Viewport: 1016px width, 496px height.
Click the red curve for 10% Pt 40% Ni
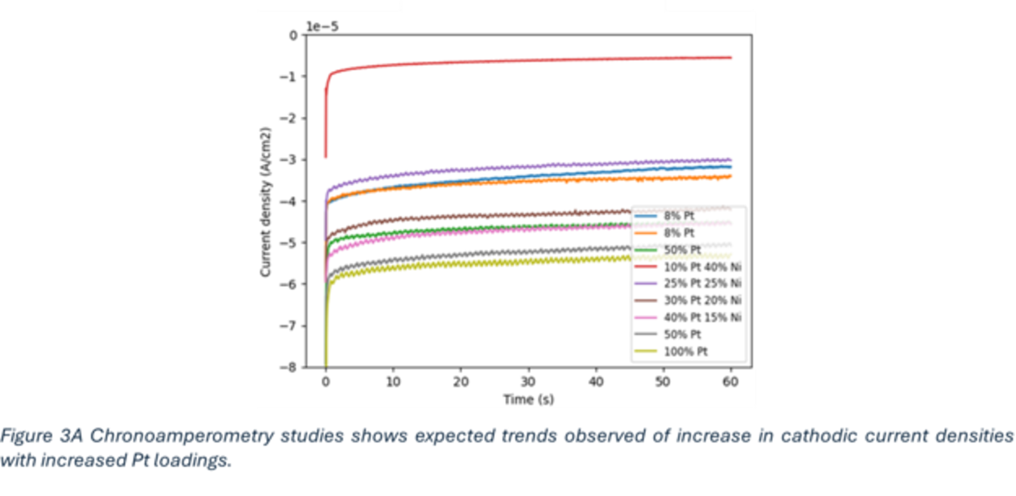click(508, 62)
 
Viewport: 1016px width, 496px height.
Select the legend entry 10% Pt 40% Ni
click(702, 267)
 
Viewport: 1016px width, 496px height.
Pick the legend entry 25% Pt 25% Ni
click(702, 284)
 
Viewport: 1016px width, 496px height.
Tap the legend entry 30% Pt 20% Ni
click(702, 301)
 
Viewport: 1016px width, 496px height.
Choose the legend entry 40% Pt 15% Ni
click(702, 317)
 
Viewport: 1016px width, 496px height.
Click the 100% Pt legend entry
click(685, 351)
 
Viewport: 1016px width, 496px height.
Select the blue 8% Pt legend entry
click(679, 216)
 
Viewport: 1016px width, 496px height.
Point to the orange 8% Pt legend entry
click(679, 233)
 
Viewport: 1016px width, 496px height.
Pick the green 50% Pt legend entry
click(682, 250)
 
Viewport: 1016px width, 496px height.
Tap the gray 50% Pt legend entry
click(682, 334)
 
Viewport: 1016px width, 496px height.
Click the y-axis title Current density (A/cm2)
click(265, 202)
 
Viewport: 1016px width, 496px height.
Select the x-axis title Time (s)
click(528, 400)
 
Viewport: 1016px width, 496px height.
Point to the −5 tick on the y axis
click(292, 243)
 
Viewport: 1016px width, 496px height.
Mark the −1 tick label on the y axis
click(292, 77)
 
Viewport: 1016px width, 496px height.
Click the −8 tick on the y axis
click(292, 367)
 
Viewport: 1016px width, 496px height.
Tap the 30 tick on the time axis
click(528, 382)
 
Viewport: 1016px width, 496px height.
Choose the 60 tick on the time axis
click(730, 382)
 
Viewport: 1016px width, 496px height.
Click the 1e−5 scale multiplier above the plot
click(323, 26)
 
